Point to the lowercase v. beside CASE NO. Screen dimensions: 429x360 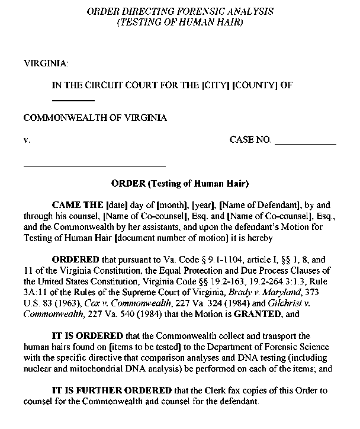tap(26, 140)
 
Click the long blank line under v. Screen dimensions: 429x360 tap(94, 165)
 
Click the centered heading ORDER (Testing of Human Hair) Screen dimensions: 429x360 tap(180, 183)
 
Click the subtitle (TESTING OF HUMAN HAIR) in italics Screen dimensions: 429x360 tap(180, 22)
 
